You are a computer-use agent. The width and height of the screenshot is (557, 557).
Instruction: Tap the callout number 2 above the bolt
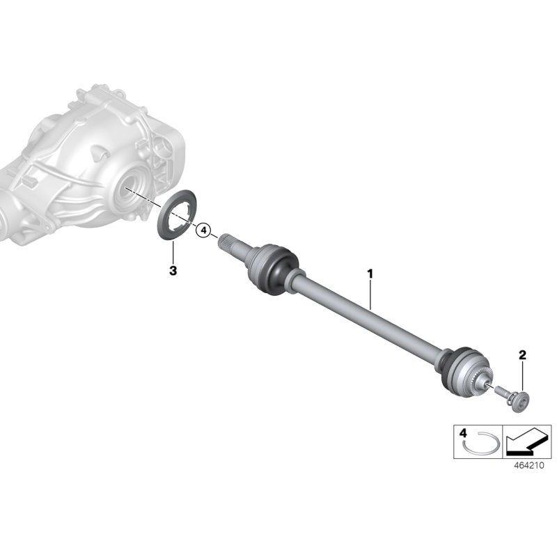[x=523, y=356]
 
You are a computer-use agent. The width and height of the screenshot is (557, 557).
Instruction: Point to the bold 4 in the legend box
[x=463, y=433]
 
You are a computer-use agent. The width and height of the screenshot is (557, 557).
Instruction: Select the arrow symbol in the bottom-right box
[x=528, y=441]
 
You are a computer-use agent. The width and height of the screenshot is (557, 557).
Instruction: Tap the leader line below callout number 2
[x=523, y=376]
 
